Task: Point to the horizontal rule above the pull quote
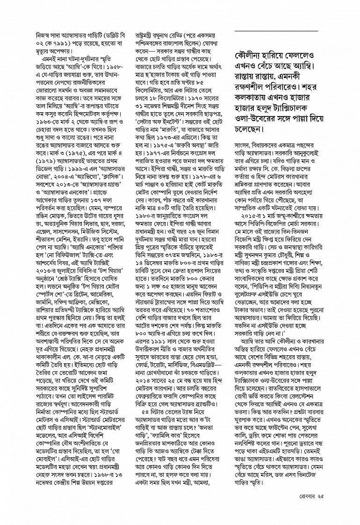click(276, 31)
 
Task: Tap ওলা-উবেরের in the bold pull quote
click(255, 116)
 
